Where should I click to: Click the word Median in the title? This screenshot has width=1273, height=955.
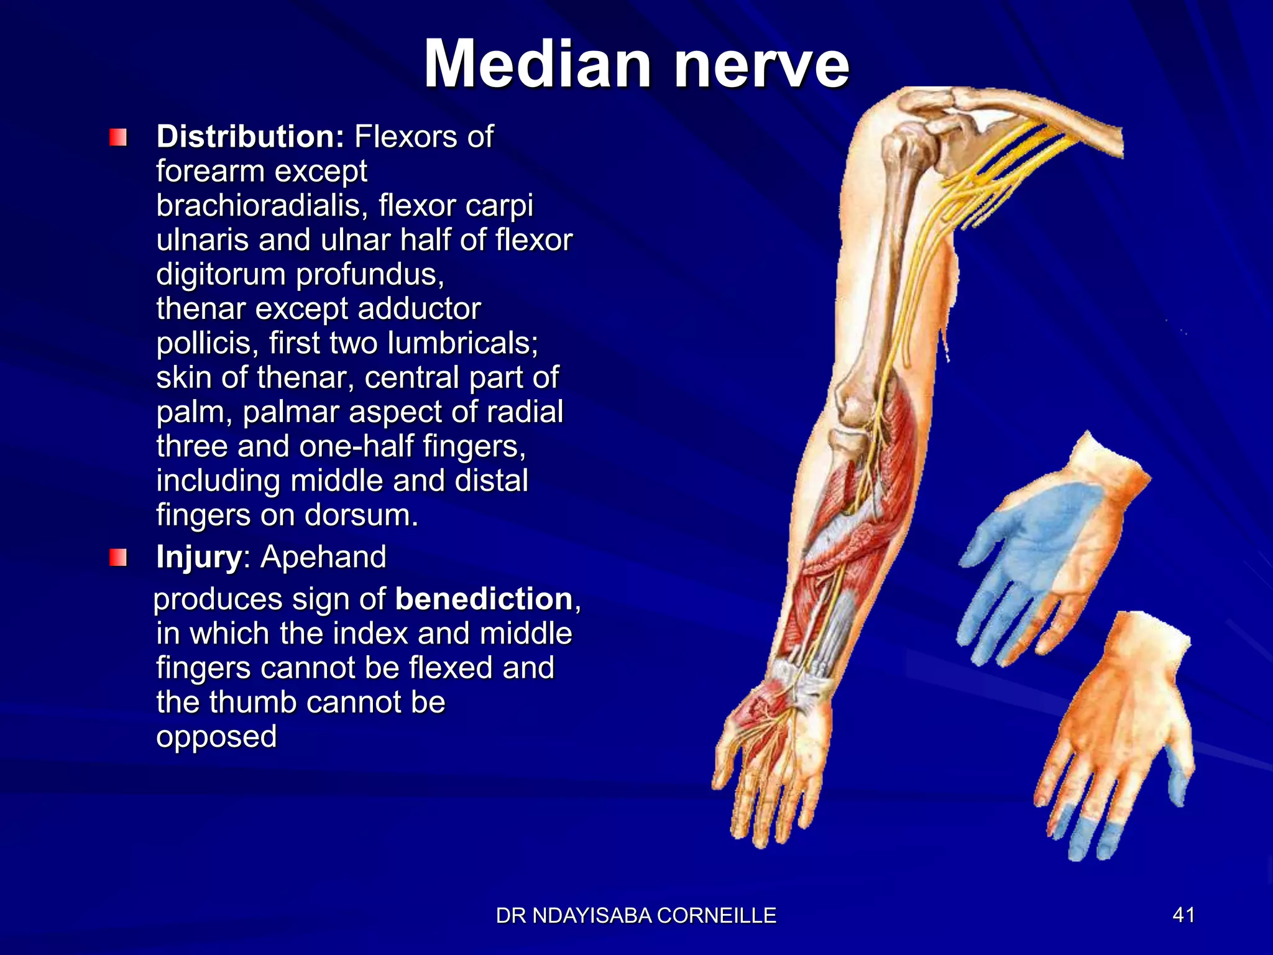click(x=538, y=64)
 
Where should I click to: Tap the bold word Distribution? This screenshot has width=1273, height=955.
click(x=250, y=136)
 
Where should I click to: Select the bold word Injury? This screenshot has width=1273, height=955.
click(x=199, y=556)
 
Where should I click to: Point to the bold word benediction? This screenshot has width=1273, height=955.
click(x=484, y=599)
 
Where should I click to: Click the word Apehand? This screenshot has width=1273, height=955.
click(x=323, y=556)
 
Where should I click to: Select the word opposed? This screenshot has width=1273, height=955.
click(x=216, y=737)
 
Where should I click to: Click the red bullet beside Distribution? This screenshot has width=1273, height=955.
click(x=117, y=137)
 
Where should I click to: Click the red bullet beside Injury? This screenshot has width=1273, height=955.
click(x=117, y=557)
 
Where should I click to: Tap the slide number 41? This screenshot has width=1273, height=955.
click(x=1183, y=915)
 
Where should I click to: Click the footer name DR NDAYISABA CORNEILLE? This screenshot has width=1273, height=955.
click(x=636, y=916)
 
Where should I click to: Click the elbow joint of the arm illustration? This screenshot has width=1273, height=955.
click(x=855, y=407)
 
